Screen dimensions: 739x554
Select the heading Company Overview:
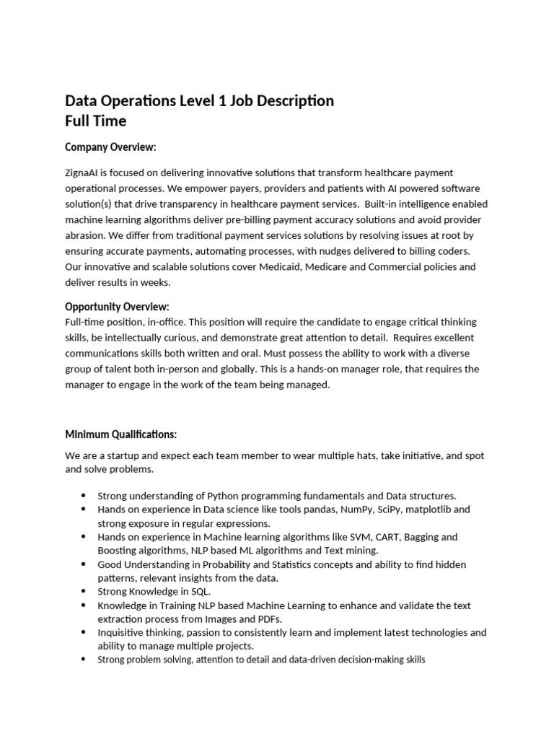click(x=110, y=147)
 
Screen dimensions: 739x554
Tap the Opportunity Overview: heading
click(x=117, y=306)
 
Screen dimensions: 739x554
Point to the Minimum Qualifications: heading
click(x=120, y=434)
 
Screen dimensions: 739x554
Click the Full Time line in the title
click(x=95, y=120)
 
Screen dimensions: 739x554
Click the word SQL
click(x=199, y=592)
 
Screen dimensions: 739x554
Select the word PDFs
click(x=268, y=619)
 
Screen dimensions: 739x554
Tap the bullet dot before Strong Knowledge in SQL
click(x=82, y=592)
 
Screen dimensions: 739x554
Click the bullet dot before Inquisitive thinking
click(x=82, y=633)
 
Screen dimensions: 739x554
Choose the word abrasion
click(x=87, y=235)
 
